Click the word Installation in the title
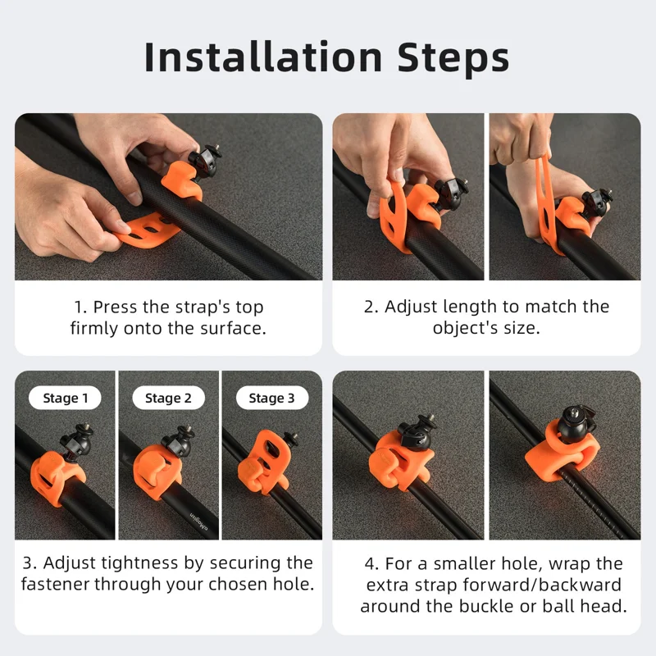(x=262, y=57)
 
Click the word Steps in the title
(x=453, y=57)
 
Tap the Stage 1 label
(x=65, y=398)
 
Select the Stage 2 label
(x=168, y=398)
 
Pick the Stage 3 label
(x=272, y=398)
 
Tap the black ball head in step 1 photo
(x=204, y=160)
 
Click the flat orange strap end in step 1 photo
(x=148, y=230)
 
